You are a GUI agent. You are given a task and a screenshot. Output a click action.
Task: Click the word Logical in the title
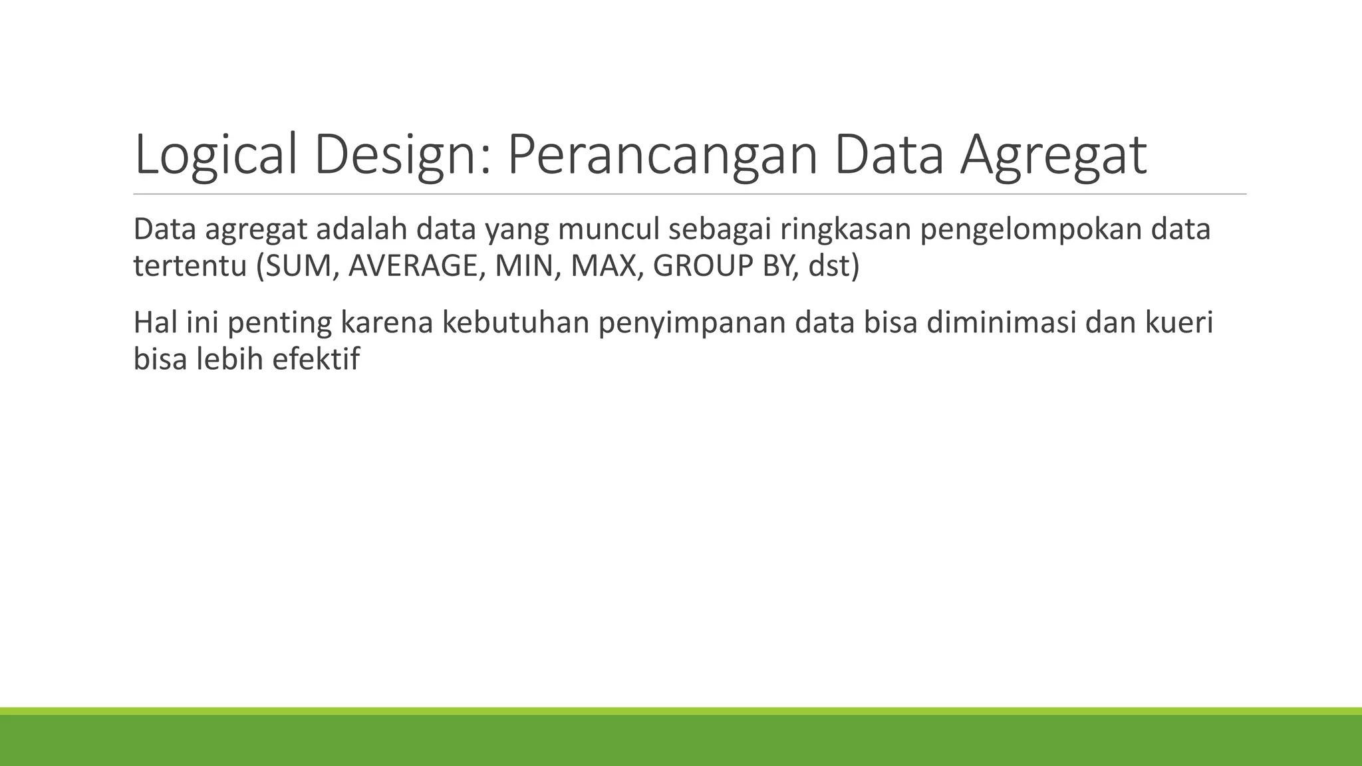(215, 155)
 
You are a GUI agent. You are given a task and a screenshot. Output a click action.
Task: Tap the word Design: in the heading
(403, 155)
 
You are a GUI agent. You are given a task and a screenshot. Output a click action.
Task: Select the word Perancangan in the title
(662, 155)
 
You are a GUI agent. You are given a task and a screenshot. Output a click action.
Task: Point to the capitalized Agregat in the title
(1053, 155)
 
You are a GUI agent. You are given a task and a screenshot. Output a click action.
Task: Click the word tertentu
(190, 266)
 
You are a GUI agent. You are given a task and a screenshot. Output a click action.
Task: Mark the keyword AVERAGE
(412, 266)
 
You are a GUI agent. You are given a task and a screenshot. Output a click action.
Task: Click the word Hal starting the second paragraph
(154, 322)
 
